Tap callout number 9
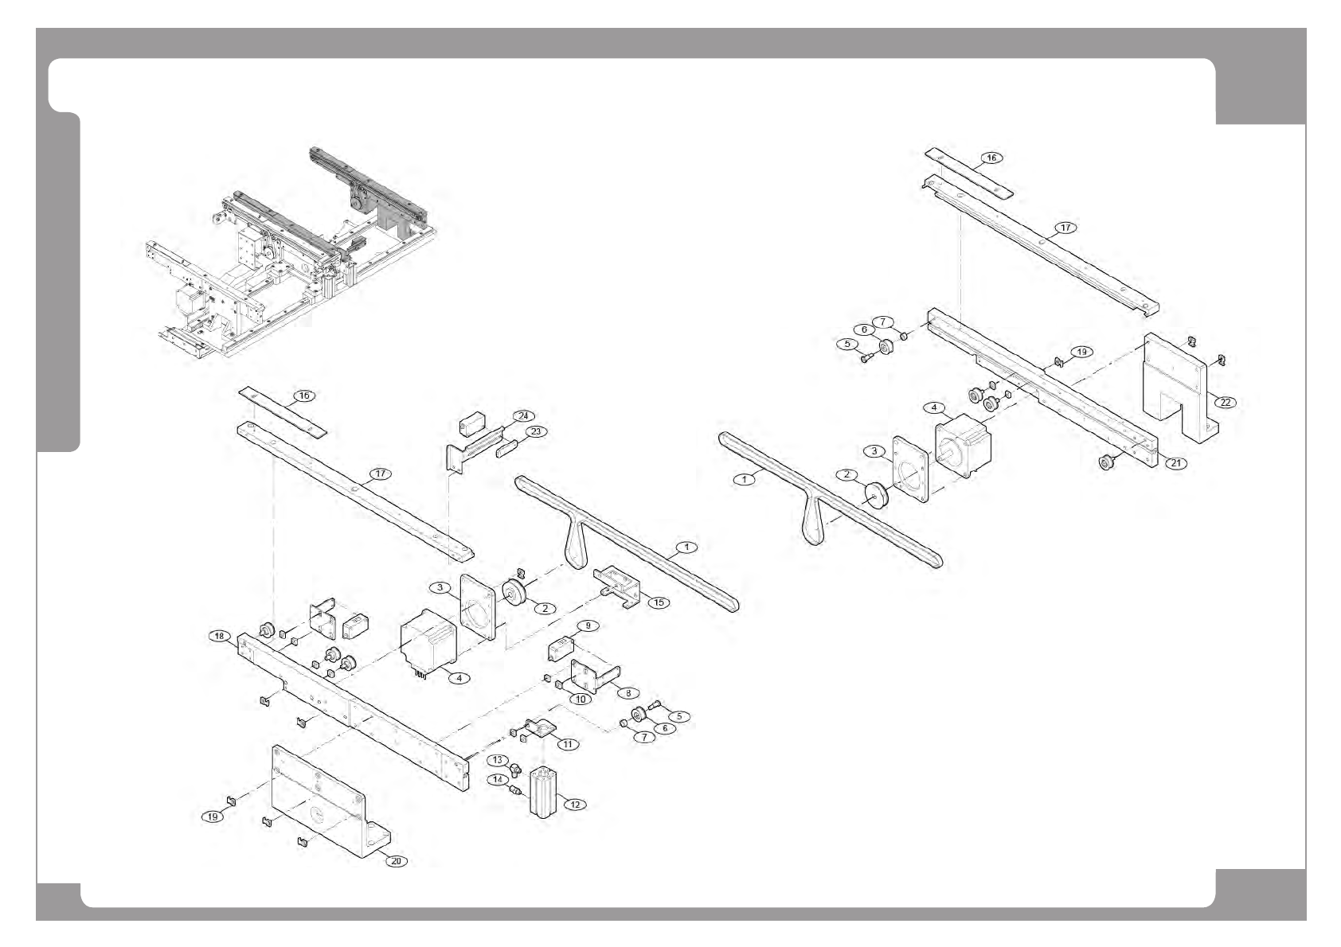pyautogui.click(x=588, y=625)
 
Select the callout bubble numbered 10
pyautogui.click(x=580, y=699)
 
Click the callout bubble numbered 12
pyautogui.click(x=574, y=805)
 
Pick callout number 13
pyautogui.click(x=497, y=760)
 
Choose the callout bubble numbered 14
pyautogui.click(x=498, y=779)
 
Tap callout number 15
pyautogui.click(x=659, y=602)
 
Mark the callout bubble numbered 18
pyautogui.click(x=220, y=635)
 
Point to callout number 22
pyautogui.click(x=1226, y=402)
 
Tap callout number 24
pyautogui.click(x=523, y=415)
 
